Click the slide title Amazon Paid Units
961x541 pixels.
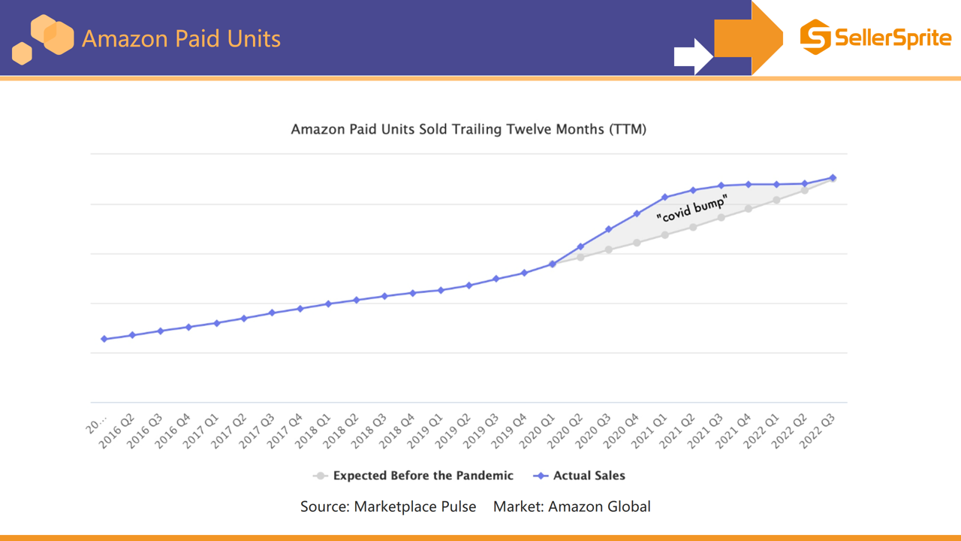point(181,38)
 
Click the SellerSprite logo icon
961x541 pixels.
point(815,37)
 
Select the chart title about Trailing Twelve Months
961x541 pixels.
point(468,129)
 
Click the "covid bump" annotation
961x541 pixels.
point(691,208)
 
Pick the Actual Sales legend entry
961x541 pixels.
point(580,476)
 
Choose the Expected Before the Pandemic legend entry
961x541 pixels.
point(414,476)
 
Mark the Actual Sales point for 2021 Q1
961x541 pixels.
point(664,198)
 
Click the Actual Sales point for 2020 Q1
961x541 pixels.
point(553,264)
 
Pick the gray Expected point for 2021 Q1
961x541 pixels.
point(664,234)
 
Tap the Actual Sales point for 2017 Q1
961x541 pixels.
point(216,323)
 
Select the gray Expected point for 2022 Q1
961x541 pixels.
point(776,200)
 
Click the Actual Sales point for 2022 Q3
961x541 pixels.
point(833,178)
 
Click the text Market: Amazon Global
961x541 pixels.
point(571,506)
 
